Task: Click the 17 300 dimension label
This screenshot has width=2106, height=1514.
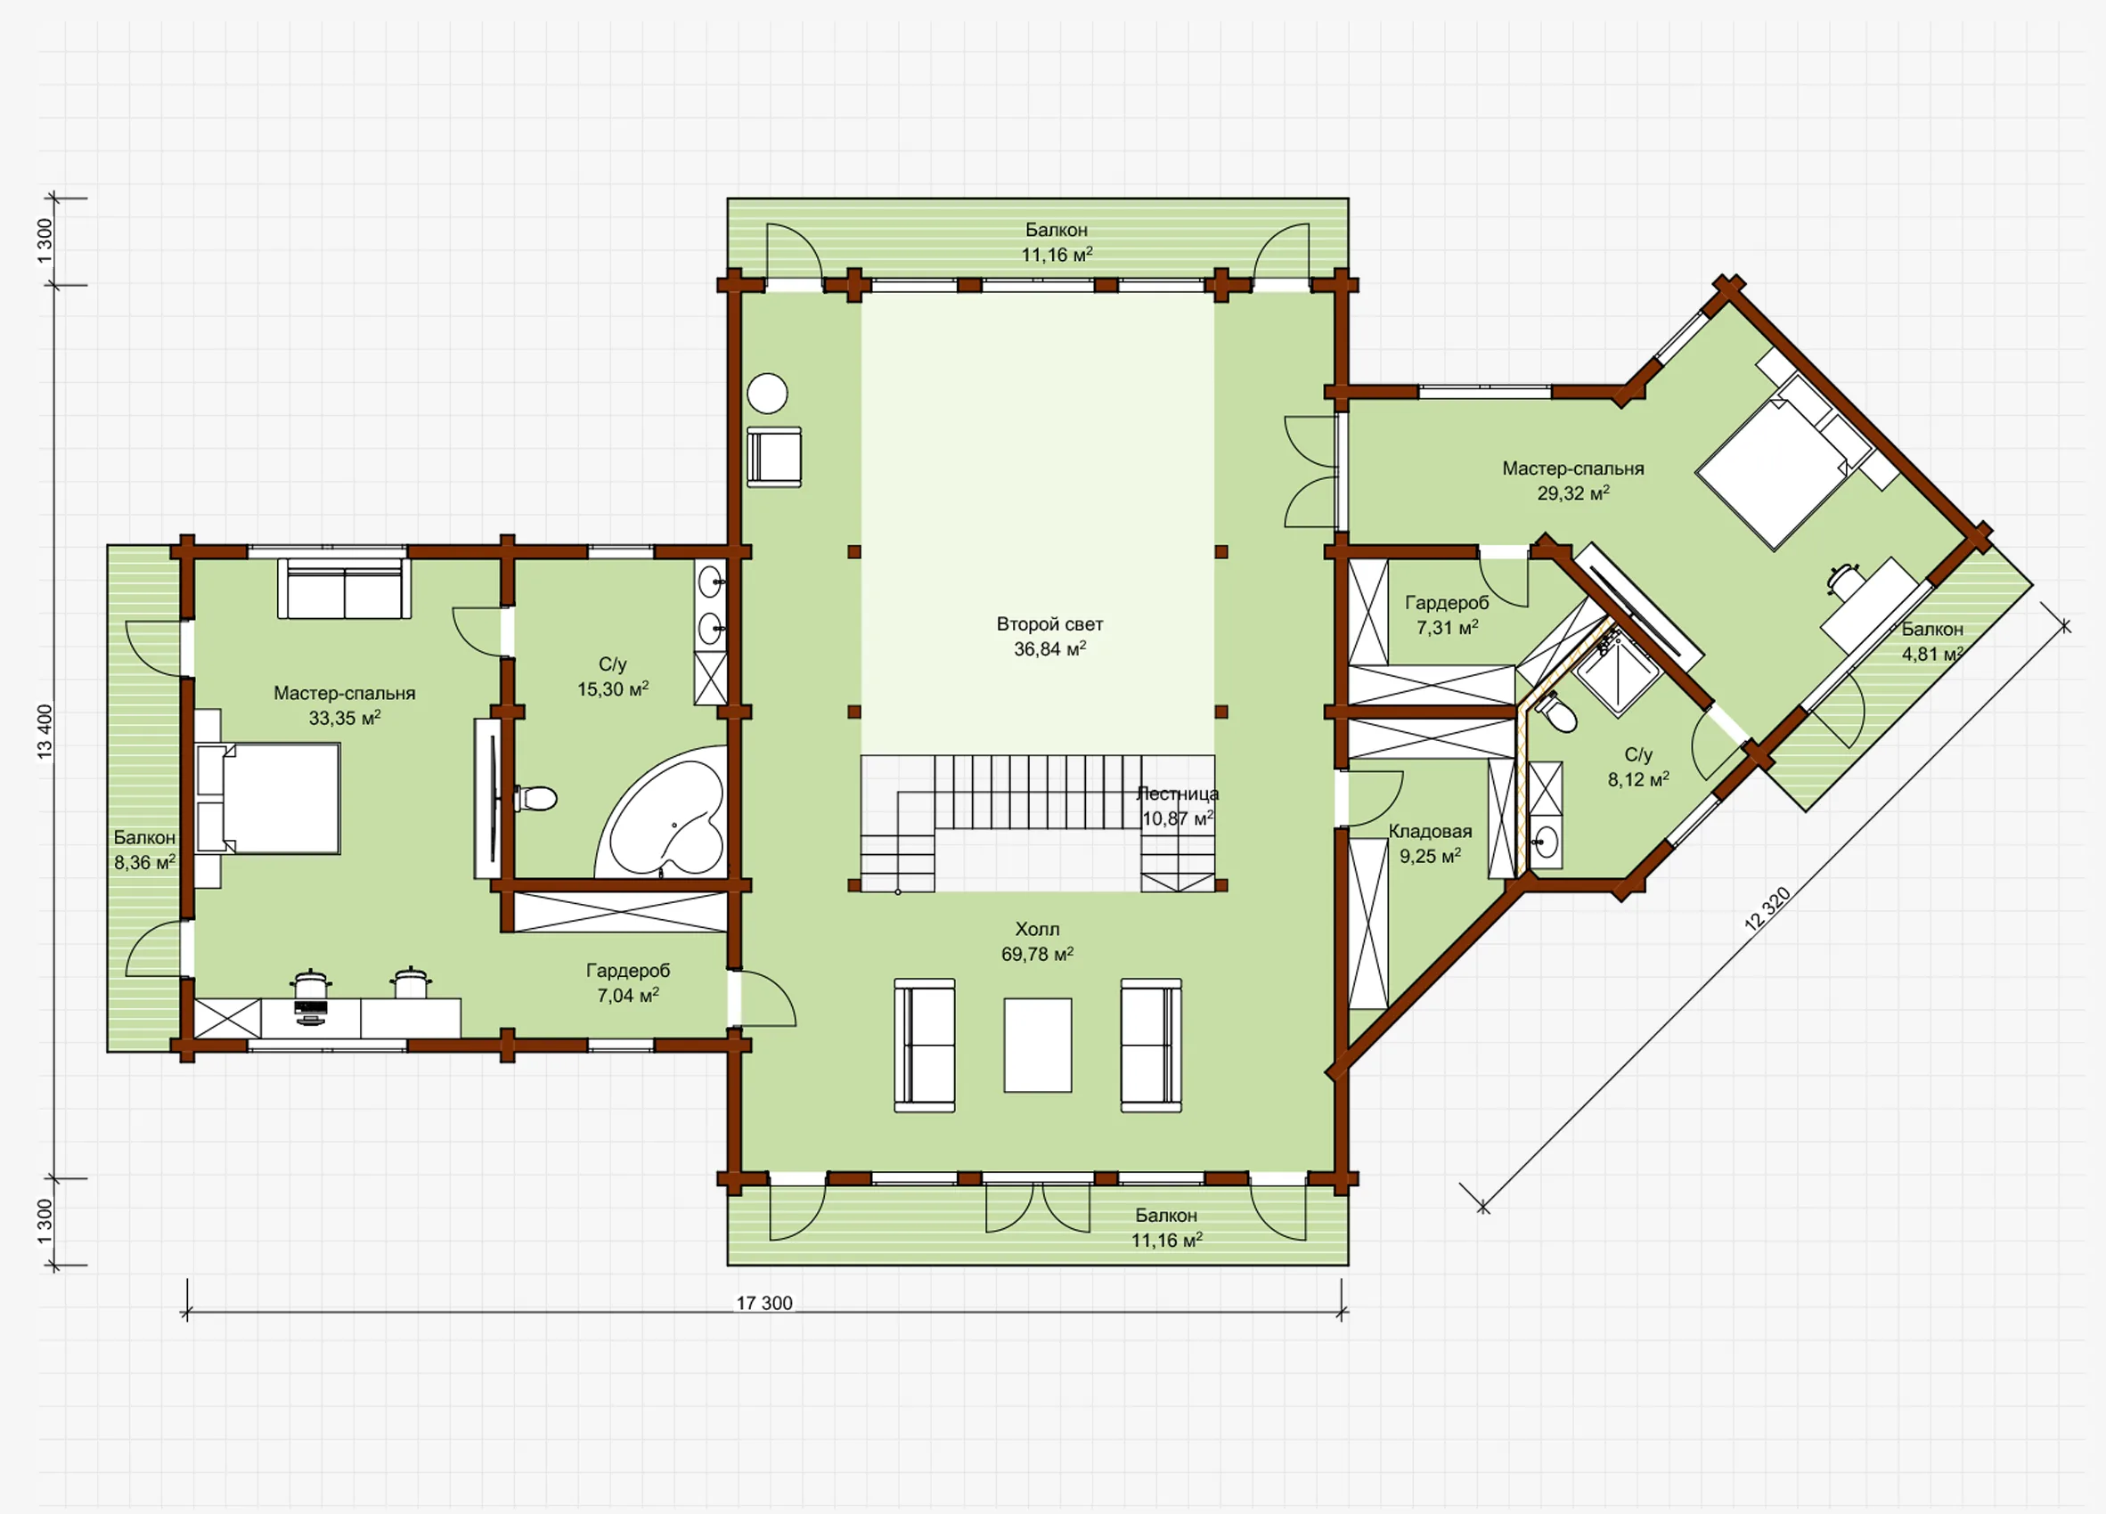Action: coord(764,1302)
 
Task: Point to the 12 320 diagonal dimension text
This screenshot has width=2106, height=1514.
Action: coord(1767,908)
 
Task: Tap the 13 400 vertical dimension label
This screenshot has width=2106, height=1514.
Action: coord(45,731)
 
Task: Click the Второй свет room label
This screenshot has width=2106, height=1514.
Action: coord(1049,623)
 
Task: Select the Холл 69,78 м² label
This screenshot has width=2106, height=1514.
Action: coord(1037,941)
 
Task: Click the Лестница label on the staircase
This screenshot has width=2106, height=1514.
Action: coord(1178,794)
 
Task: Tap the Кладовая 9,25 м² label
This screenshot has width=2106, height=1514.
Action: coord(1430,843)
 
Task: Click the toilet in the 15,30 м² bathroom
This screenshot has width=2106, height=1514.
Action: coord(535,797)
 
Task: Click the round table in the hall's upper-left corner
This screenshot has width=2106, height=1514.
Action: coord(768,394)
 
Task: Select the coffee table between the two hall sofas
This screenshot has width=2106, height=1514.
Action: coord(1037,1046)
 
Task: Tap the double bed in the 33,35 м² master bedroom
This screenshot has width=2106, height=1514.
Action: coord(268,798)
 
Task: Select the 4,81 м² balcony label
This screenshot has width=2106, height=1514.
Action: coord(1932,641)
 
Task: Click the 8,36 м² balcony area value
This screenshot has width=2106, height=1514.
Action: coord(145,862)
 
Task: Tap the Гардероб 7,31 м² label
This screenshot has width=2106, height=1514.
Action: coord(1447,615)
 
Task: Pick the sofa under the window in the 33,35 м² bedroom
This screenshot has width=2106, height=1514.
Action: coord(345,589)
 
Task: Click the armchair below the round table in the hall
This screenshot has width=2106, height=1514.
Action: coord(774,457)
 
